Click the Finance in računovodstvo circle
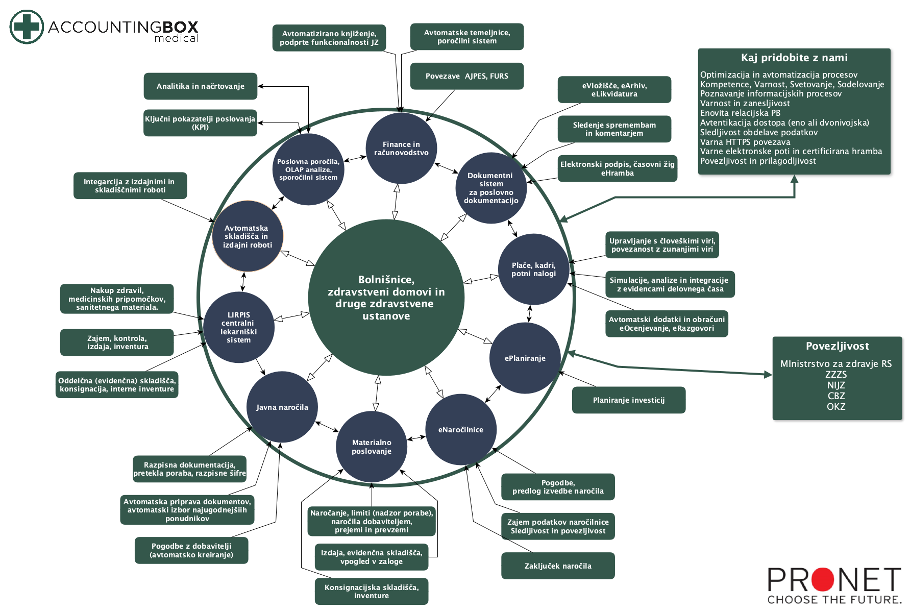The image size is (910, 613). pyautogui.click(x=401, y=149)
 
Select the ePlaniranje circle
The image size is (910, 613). pyautogui.click(x=525, y=358)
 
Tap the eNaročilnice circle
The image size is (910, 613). pyautogui.click(x=461, y=430)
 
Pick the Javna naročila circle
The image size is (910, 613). pyautogui.click(x=282, y=407)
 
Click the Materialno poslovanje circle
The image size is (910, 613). pyautogui.click(x=372, y=447)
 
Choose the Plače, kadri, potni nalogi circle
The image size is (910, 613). pyautogui.click(x=534, y=269)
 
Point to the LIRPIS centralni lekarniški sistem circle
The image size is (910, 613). pyautogui.click(x=239, y=327)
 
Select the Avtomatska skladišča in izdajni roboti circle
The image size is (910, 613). pyautogui.click(x=248, y=236)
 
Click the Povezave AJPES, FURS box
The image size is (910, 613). pyautogui.click(x=467, y=76)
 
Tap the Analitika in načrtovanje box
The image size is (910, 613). pyautogui.click(x=201, y=86)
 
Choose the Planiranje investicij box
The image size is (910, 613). pyautogui.click(x=629, y=400)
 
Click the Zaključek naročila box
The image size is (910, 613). pyautogui.click(x=558, y=566)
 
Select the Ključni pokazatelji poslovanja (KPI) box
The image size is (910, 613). pyautogui.click(x=200, y=123)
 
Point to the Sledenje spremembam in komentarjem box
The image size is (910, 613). pyautogui.click(x=614, y=129)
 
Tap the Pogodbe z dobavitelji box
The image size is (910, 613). pyautogui.click(x=191, y=550)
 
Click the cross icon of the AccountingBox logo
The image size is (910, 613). pyautogui.click(x=27, y=27)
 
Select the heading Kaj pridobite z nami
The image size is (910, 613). pyautogui.click(x=794, y=58)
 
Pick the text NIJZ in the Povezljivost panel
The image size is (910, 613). pyautogui.click(x=836, y=385)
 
